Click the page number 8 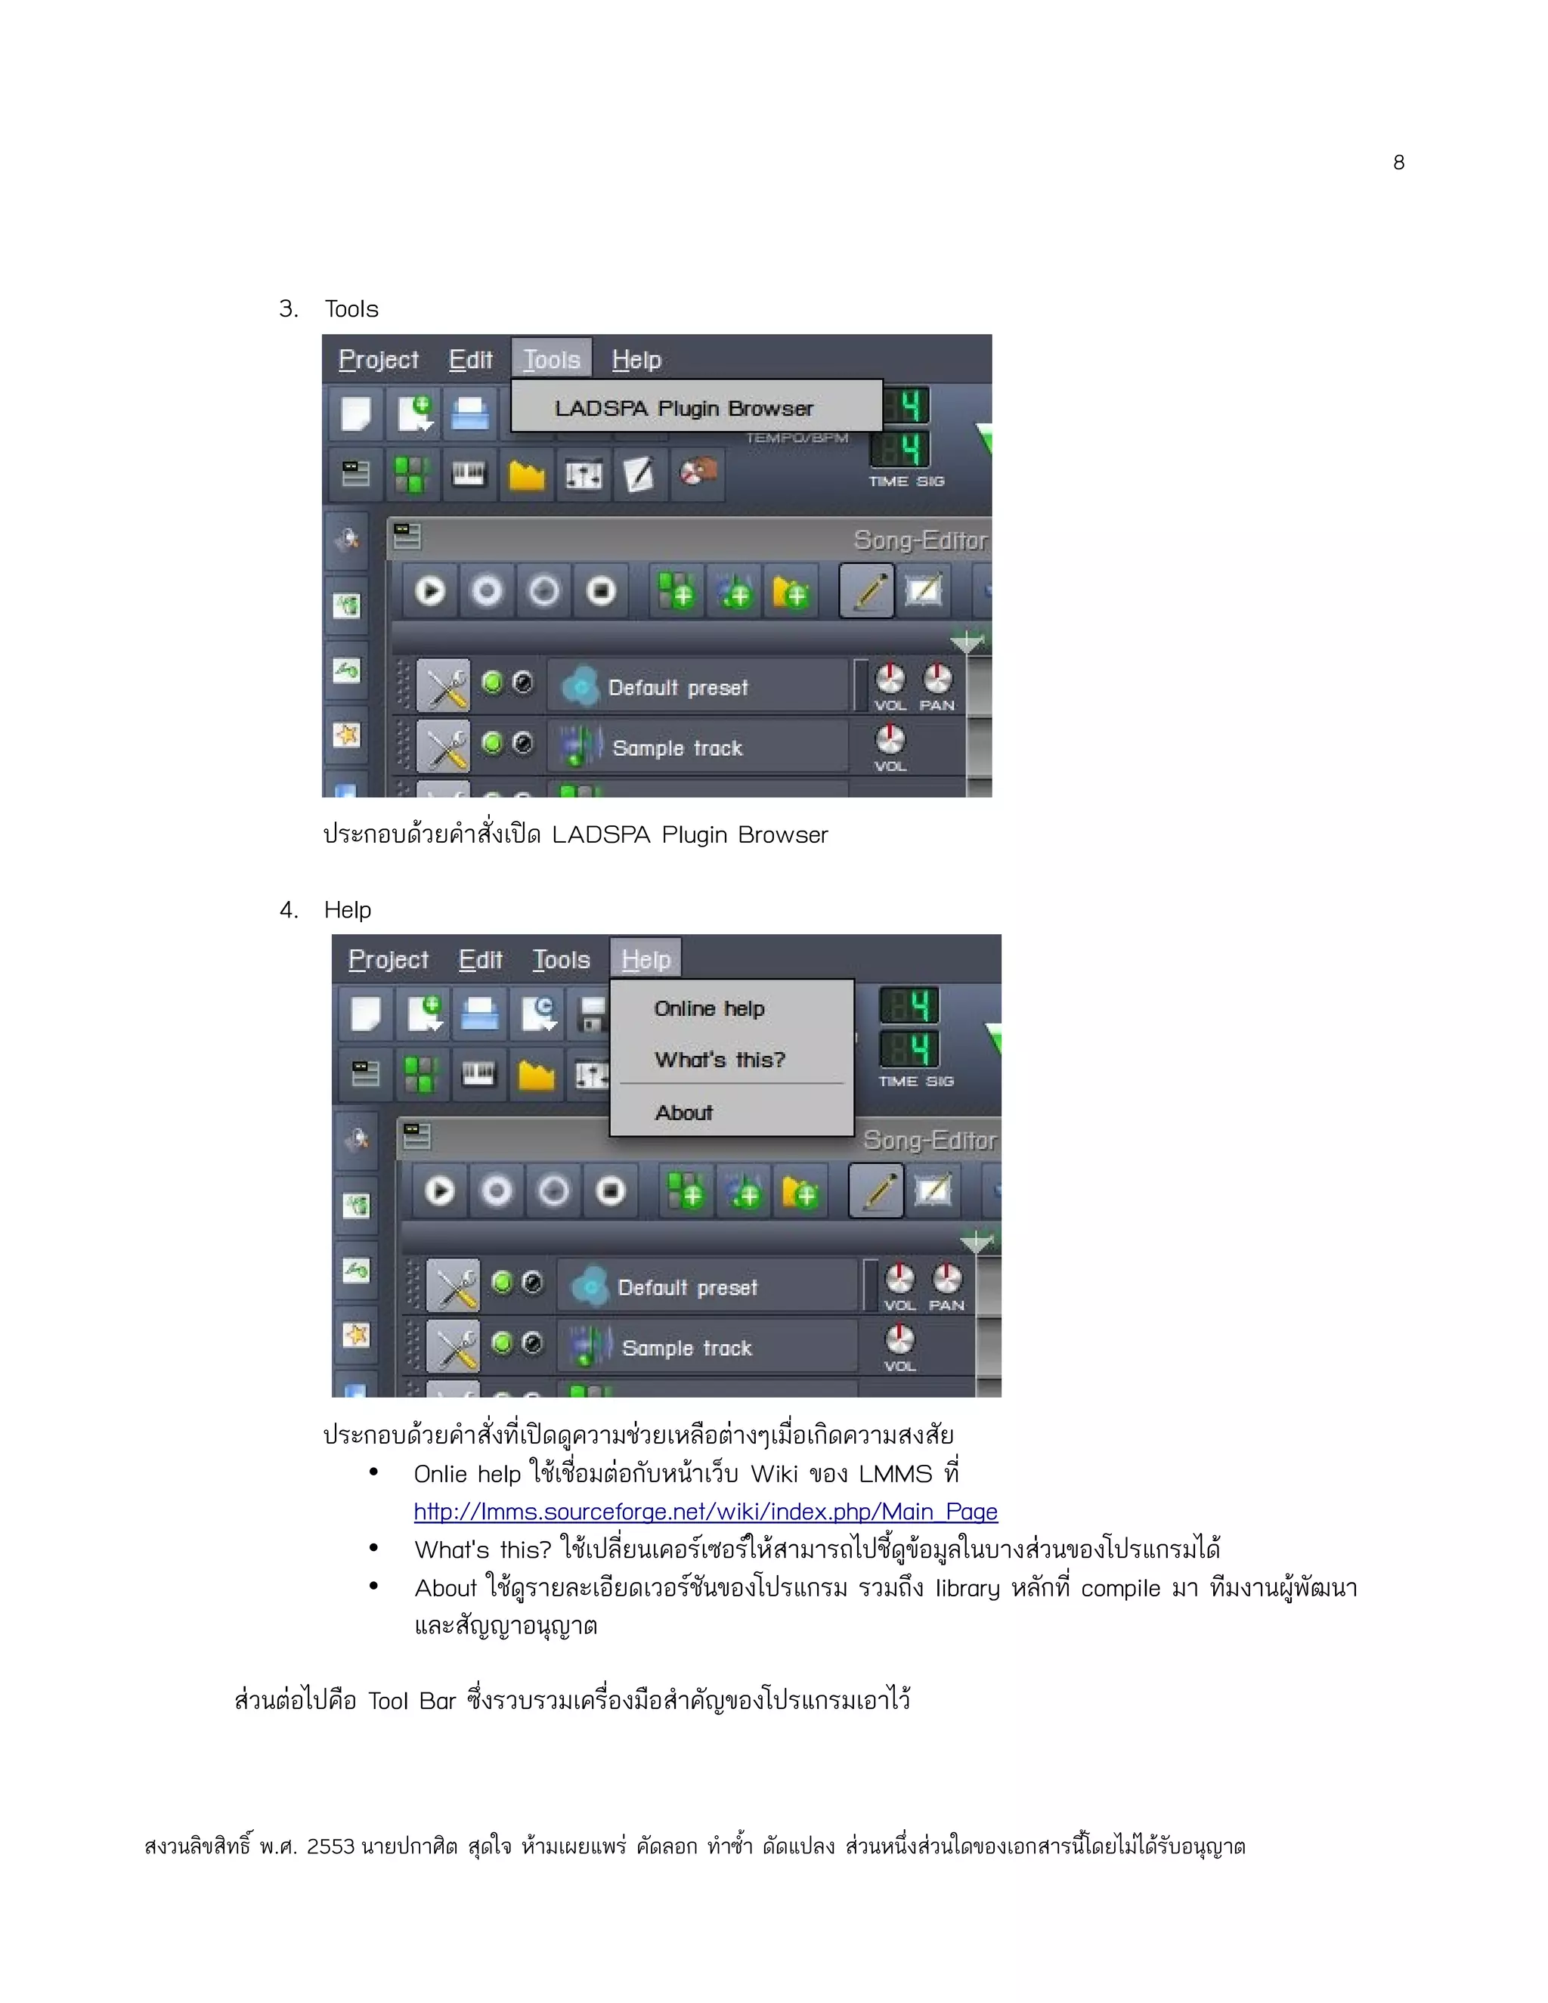click(1398, 163)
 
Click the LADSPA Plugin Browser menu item click(683, 408)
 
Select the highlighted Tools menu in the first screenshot click(551, 360)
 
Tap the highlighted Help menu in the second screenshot click(646, 959)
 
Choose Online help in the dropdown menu click(709, 1009)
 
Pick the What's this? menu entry click(720, 1060)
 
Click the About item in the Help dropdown click(683, 1113)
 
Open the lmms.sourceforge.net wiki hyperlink click(705, 1512)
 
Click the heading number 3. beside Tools click(289, 309)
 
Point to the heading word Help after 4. click(348, 910)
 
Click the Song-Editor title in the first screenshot click(920, 540)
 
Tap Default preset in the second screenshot click(688, 1288)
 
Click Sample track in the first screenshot click(676, 748)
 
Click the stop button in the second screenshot click(611, 1191)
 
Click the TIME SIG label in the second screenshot click(915, 1082)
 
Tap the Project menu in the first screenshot click(378, 360)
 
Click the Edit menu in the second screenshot click(480, 959)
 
